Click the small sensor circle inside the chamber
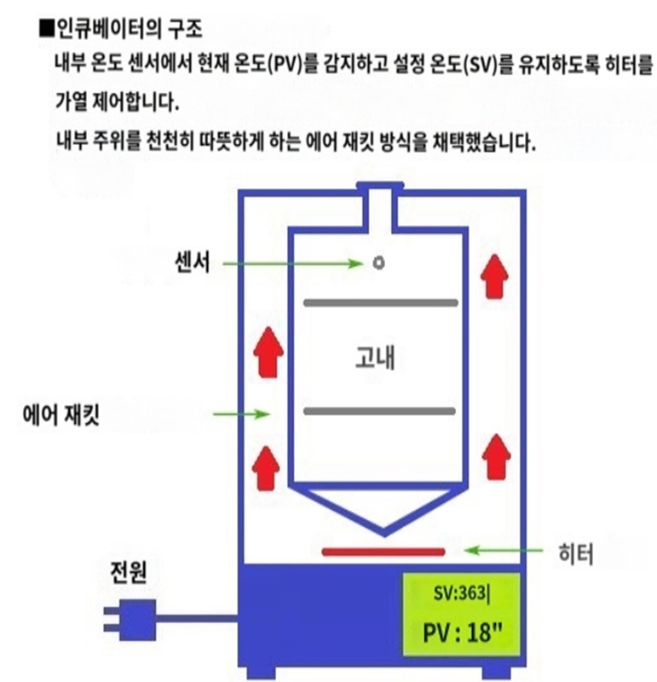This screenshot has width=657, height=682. click(x=378, y=263)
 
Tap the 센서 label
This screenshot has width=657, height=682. click(x=193, y=262)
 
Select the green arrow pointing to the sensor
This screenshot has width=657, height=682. click(x=293, y=263)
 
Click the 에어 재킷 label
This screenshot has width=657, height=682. click(x=61, y=415)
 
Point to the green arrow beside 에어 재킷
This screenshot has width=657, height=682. click(x=242, y=414)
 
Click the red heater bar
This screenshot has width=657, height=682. click(x=383, y=552)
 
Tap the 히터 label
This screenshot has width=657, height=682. click(x=576, y=553)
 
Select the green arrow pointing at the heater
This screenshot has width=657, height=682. click(x=503, y=551)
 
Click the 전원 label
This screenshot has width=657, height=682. click(x=129, y=571)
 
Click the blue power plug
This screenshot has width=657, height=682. click(x=130, y=620)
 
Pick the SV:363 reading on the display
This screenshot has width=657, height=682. click(x=461, y=593)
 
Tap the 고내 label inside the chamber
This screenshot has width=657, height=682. click(x=375, y=358)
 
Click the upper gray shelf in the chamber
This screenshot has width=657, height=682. click(x=380, y=303)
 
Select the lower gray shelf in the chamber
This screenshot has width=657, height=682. click(x=379, y=411)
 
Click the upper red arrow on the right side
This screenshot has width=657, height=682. click(x=494, y=276)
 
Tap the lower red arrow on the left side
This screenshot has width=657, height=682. click(x=266, y=468)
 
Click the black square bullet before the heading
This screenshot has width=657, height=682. click(x=46, y=29)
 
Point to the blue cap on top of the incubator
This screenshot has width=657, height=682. click(x=380, y=186)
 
